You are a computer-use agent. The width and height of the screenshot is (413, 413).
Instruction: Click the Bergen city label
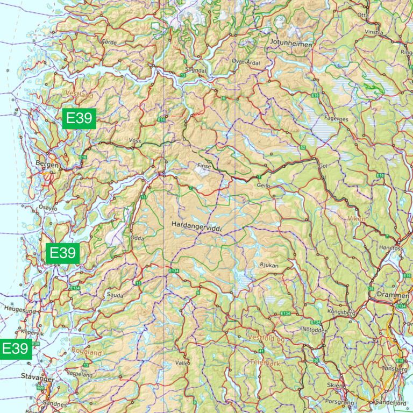pos(46,162)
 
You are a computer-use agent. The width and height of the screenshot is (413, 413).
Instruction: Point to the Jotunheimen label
pos(291,45)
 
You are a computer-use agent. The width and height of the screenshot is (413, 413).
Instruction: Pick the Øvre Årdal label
pos(245,62)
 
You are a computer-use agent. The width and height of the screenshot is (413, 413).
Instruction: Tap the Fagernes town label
pos(337,118)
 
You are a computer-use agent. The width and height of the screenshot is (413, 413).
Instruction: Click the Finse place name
pos(204,166)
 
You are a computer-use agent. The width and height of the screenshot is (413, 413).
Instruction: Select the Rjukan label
pos(268,265)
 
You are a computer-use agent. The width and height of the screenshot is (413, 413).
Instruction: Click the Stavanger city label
pos(38,378)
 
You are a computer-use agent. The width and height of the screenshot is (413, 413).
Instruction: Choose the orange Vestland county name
pos(79,95)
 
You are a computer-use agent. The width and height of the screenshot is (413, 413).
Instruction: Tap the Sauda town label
pos(115,295)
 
